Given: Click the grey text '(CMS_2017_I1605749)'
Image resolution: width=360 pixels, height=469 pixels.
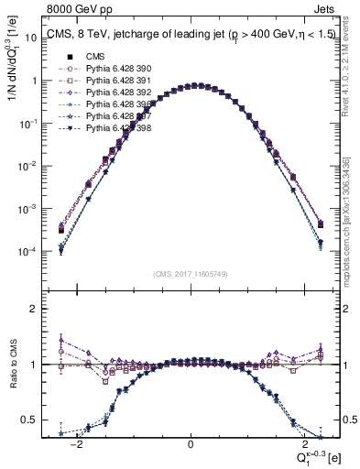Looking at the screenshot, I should tap(191, 274).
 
